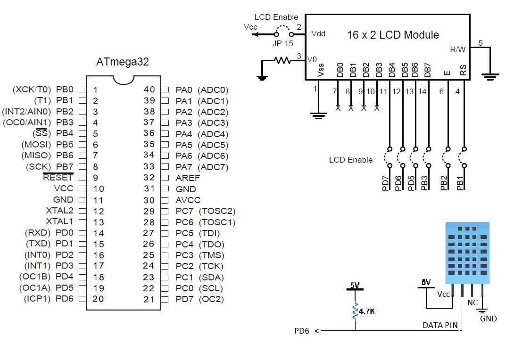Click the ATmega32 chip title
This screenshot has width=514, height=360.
(x=123, y=62)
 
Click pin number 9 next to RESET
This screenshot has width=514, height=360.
(x=95, y=178)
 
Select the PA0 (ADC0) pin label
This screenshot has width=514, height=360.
(x=202, y=90)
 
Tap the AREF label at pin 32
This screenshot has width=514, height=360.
(x=188, y=178)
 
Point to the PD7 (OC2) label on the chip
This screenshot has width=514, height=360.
(x=199, y=299)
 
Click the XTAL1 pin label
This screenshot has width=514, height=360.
(x=59, y=222)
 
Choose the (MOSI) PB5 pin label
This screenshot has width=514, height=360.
(x=48, y=145)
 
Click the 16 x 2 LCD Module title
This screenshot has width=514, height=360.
(x=393, y=35)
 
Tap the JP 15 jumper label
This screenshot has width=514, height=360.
(x=282, y=43)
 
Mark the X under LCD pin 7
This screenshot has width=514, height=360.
(x=338, y=108)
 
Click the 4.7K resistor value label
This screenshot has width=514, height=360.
(x=367, y=311)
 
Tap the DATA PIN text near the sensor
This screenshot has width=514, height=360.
(x=439, y=326)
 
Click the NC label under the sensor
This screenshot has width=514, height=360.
(x=472, y=302)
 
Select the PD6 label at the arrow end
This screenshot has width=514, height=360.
(x=302, y=331)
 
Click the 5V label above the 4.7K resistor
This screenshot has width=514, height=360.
(x=354, y=285)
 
